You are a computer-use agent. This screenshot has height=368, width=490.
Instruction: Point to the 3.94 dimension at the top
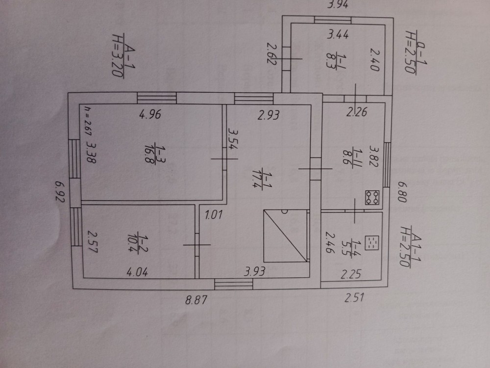[337, 5]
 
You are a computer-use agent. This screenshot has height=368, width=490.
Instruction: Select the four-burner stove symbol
[372, 198]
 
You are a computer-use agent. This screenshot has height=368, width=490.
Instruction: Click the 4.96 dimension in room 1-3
[150, 116]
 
